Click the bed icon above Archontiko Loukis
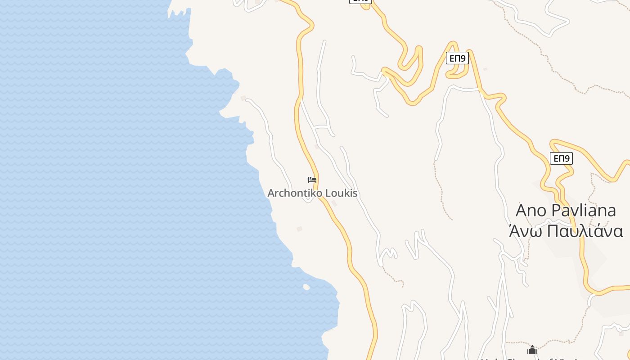[x=312, y=180]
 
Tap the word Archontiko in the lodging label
[x=294, y=193]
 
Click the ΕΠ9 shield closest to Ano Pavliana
[x=561, y=158]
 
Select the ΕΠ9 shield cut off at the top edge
[x=360, y=1]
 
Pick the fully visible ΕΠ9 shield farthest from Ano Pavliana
[x=457, y=58]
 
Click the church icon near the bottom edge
[x=532, y=350]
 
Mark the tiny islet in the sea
[x=306, y=287]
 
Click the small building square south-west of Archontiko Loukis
[x=299, y=229]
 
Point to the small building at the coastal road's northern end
[x=243, y=98]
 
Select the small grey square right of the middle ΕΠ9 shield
[x=485, y=69]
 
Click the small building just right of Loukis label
[x=334, y=203]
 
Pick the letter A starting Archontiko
[x=271, y=193]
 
